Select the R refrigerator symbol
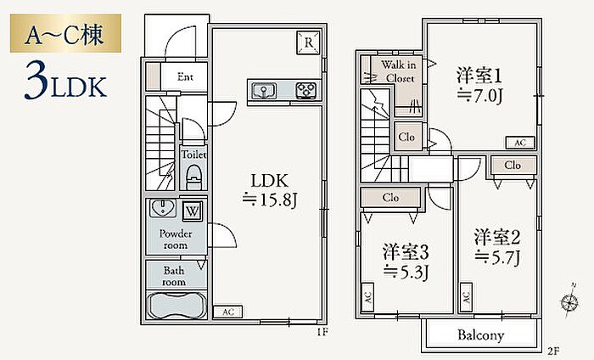coord(309,42)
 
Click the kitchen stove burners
coord(305,89)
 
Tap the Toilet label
coord(193,155)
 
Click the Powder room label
coord(175,239)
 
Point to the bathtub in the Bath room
coord(176,307)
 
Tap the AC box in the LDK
coord(227,312)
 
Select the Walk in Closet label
coord(397,70)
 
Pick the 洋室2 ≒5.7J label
coord(496,245)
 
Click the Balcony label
coord(481,335)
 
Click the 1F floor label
coord(322,333)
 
